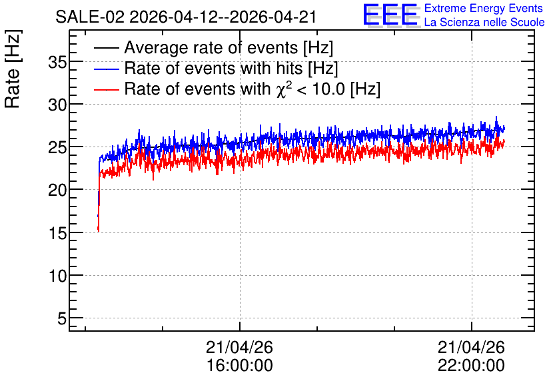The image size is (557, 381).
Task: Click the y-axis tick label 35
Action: (57, 63)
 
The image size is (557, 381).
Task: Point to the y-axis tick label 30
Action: (57, 105)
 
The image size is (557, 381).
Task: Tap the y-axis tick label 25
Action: (57, 148)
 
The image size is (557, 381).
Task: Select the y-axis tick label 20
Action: (57, 190)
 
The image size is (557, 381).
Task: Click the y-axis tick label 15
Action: (57, 234)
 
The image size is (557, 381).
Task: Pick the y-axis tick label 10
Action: (57, 276)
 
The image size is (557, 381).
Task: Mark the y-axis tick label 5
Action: (62, 319)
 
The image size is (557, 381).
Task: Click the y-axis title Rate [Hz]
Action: (13, 69)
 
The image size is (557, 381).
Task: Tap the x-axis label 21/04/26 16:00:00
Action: (239, 356)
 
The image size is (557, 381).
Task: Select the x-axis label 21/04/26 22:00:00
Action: (471, 356)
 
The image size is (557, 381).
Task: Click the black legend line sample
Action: (106, 48)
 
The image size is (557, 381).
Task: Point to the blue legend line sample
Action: (106, 69)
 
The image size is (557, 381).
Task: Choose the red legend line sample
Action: (106, 89)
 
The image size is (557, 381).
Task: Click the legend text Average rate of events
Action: (211, 47)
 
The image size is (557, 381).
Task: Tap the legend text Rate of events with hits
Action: (213, 68)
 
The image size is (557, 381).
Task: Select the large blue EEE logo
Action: (390, 15)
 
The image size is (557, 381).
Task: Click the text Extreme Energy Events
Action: (484, 8)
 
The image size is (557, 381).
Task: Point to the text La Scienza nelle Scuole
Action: (484, 22)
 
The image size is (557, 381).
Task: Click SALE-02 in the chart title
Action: (90, 17)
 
